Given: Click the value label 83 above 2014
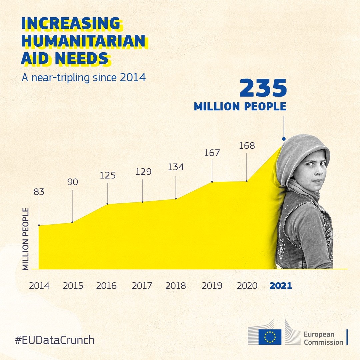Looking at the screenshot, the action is coord(39,192).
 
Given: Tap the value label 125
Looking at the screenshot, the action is coord(107,175).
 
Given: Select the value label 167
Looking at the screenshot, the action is coord(212,153).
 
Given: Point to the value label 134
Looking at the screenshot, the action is coord(176,167).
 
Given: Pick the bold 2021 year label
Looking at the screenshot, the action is coord(281,286).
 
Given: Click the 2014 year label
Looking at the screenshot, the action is coord(39,286).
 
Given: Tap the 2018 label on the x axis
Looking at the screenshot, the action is coord(176,286).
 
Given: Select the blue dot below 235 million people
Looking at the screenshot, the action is coord(284,139).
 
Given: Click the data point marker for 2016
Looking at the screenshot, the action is coord(107,204).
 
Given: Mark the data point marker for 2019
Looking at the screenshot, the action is coord(212,182).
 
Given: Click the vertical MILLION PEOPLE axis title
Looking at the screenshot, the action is coord(26,239).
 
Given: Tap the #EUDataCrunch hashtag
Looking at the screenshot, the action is coord(55,340).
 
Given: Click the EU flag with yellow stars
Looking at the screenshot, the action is coord(270,337).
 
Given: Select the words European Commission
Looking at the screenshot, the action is coord(323,338).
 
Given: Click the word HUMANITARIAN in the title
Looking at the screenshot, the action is coord(83,41).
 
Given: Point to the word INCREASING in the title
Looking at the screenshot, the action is coord(71,23).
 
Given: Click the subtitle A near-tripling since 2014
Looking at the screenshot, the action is coord(84,77).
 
